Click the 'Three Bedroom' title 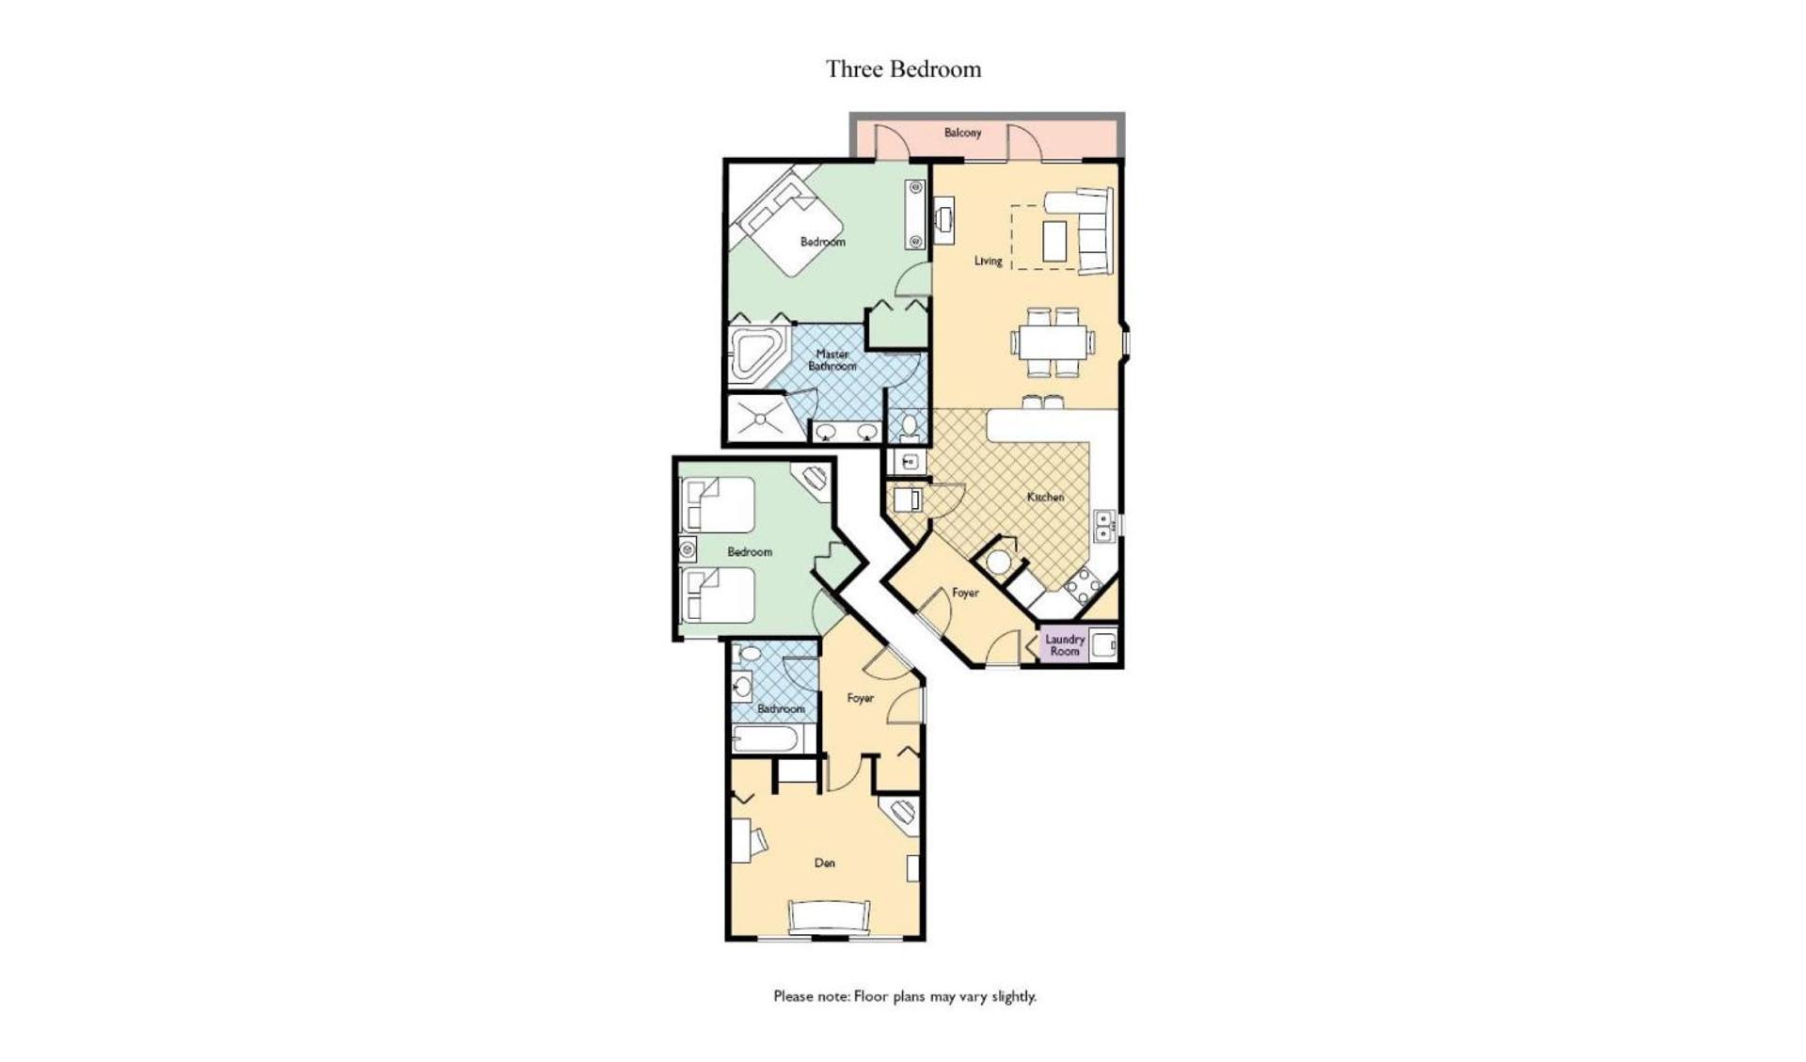(x=903, y=70)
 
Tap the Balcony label (x=962, y=133)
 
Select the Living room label (x=988, y=261)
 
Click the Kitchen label (x=1045, y=497)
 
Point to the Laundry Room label (x=1065, y=645)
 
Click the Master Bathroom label (x=832, y=360)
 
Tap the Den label (x=824, y=863)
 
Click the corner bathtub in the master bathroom (x=756, y=355)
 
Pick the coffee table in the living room (x=1055, y=241)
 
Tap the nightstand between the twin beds (x=688, y=549)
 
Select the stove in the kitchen (x=1082, y=586)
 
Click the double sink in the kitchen (x=1104, y=525)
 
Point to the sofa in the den (x=829, y=916)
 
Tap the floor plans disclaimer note (x=905, y=996)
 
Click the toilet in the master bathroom (x=909, y=428)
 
